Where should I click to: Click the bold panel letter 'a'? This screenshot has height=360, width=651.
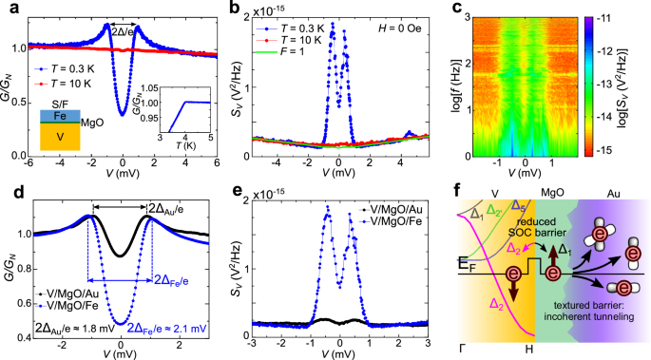click(10, 9)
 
